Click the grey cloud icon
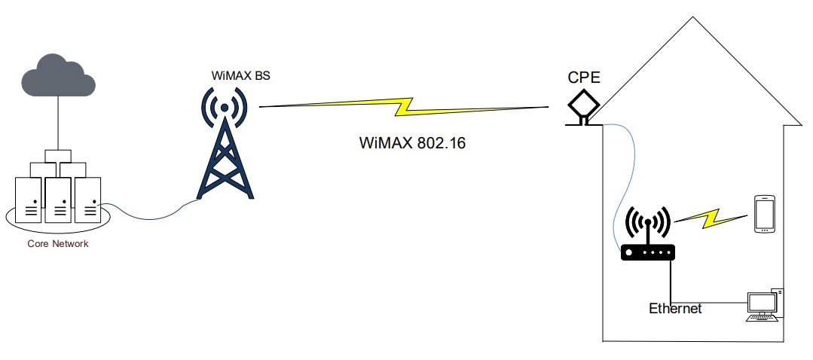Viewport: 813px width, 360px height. pyautogui.click(x=59, y=78)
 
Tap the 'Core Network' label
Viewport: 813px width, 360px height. pyautogui.click(x=57, y=243)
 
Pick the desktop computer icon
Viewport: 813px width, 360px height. pyautogui.click(x=763, y=305)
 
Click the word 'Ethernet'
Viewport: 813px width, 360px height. pyautogui.click(x=675, y=309)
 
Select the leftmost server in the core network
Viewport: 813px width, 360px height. pyautogui.click(x=30, y=200)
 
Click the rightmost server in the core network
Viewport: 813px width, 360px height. pyautogui.click(x=87, y=200)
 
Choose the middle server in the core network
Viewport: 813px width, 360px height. pyautogui.click(x=59, y=200)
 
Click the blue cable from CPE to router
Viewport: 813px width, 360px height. pyautogui.click(x=628, y=181)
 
